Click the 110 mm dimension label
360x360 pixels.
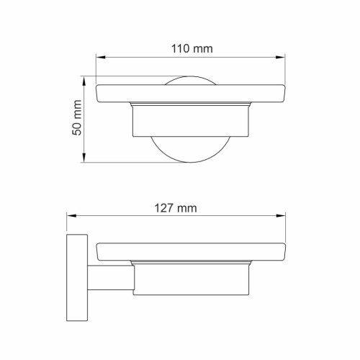[x=191, y=49]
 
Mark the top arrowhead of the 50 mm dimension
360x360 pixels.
[x=86, y=78]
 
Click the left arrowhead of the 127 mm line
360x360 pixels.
[x=69, y=217]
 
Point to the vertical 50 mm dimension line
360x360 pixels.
[x=86, y=137]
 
